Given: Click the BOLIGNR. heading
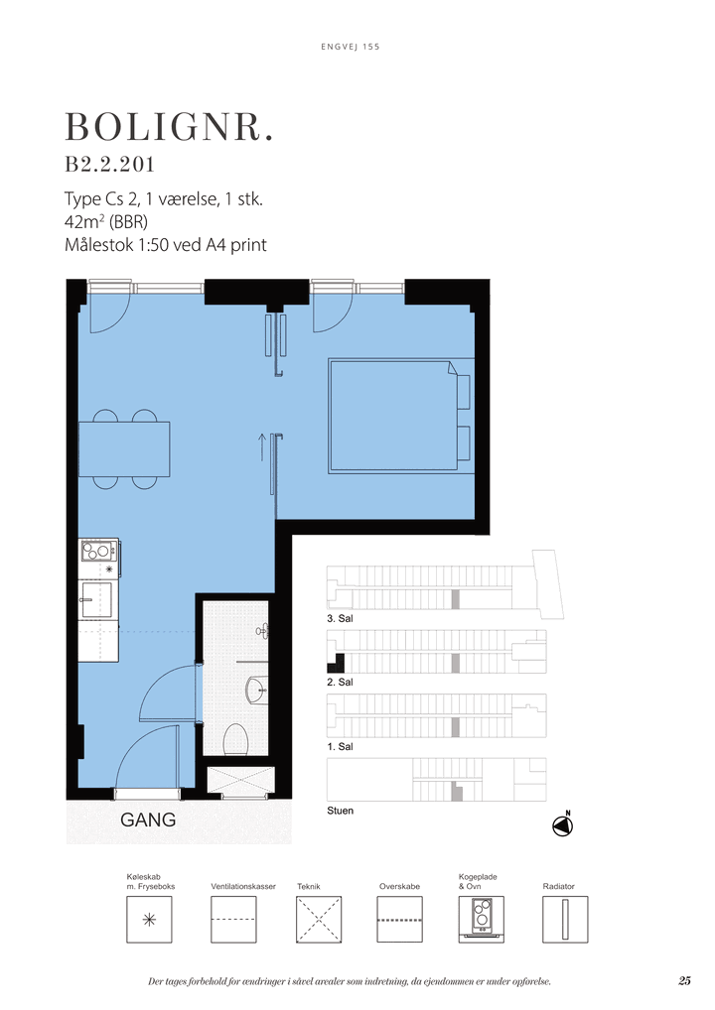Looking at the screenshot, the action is click(x=170, y=128).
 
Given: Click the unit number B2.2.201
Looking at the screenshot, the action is click(x=109, y=165).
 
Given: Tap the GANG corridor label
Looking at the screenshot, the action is click(x=148, y=820).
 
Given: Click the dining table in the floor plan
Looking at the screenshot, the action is click(x=124, y=449).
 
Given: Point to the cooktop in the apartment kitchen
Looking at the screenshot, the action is click(x=98, y=552).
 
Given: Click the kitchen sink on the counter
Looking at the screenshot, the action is click(x=95, y=599).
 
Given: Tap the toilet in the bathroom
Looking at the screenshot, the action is click(x=235, y=739).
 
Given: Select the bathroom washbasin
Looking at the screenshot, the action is click(x=257, y=689).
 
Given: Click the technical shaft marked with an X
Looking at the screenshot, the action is click(x=240, y=780).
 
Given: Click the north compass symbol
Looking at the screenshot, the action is click(x=563, y=825).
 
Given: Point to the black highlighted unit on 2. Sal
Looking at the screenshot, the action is click(x=336, y=664).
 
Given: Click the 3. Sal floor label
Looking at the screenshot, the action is click(x=340, y=618).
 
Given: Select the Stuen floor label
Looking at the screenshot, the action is click(x=340, y=811).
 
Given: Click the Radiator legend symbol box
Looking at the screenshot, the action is click(x=565, y=920).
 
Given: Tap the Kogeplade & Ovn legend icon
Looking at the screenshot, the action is click(x=481, y=920).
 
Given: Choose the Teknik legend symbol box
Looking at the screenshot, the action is click(x=319, y=920).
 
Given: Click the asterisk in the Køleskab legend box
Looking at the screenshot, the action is click(x=149, y=919).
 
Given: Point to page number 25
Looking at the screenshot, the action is click(x=684, y=981).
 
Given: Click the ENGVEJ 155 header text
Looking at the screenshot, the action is click(x=351, y=47).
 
